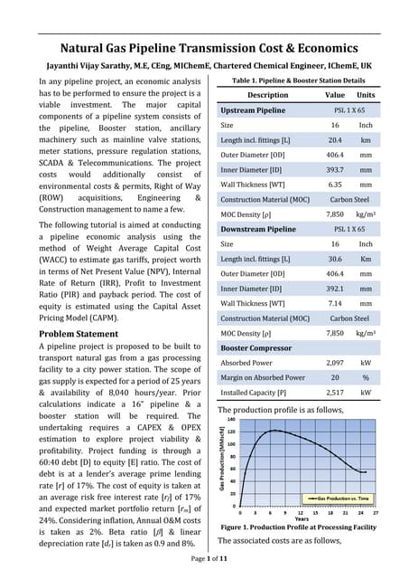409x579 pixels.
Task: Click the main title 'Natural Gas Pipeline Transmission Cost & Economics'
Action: click(204, 48)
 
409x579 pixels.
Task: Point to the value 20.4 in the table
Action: click(334, 141)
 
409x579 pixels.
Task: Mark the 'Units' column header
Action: click(366, 94)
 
